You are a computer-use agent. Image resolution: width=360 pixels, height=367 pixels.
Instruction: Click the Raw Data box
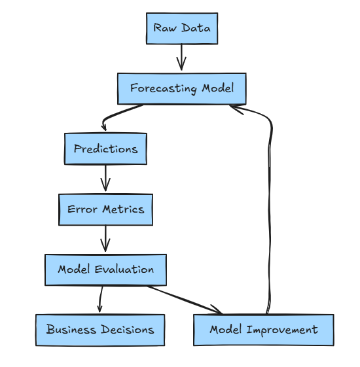(x=181, y=29)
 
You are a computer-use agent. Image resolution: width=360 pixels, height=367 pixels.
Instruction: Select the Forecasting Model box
(x=181, y=88)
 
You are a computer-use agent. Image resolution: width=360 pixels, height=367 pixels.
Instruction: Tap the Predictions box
(x=105, y=149)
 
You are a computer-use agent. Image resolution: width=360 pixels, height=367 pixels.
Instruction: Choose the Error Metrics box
(x=105, y=210)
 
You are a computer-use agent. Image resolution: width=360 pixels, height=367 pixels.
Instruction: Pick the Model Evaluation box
(x=105, y=270)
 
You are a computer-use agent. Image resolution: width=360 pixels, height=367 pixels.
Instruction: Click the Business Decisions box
(x=100, y=330)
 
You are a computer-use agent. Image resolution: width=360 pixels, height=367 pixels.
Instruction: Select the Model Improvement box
(x=263, y=330)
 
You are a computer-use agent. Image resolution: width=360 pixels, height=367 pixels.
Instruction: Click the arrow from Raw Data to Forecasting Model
(x=181, y=58)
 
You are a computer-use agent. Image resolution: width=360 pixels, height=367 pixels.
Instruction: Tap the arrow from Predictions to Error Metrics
(x=105, y=178)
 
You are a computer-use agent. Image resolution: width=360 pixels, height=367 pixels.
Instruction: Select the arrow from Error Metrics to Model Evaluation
(x=105, y=239)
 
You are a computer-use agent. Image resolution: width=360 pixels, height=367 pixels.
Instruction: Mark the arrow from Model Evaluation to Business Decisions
(x=100, y=300)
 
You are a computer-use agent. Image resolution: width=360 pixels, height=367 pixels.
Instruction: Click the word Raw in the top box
(x=164, y=28)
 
